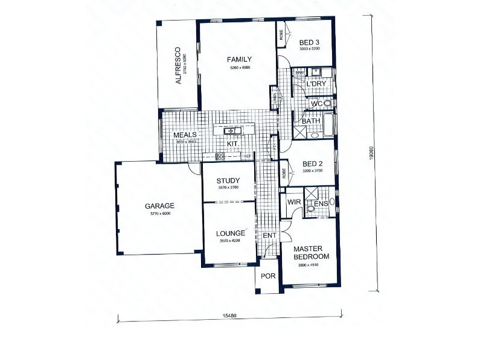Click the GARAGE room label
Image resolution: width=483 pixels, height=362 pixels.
pos(159,205)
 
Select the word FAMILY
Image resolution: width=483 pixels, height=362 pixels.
pos(239,59)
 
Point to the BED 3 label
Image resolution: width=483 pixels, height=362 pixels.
pos(309,42)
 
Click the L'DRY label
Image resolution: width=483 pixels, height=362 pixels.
pos(315,84)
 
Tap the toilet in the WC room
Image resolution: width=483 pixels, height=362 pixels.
pos(328,104)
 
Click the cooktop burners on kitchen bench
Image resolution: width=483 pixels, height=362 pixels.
pos(220,157)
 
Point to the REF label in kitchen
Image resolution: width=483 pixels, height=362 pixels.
pos(247,157)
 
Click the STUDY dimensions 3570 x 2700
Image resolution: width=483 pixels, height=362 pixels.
pos(228,188)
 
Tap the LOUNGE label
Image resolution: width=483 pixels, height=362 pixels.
pos(228,233)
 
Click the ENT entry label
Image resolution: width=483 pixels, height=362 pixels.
pos(269,235)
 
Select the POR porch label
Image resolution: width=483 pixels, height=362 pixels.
pos(267,276)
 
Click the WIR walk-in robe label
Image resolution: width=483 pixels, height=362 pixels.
pos(294,202)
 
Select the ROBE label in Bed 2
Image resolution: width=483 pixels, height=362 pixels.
pos(283,174)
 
